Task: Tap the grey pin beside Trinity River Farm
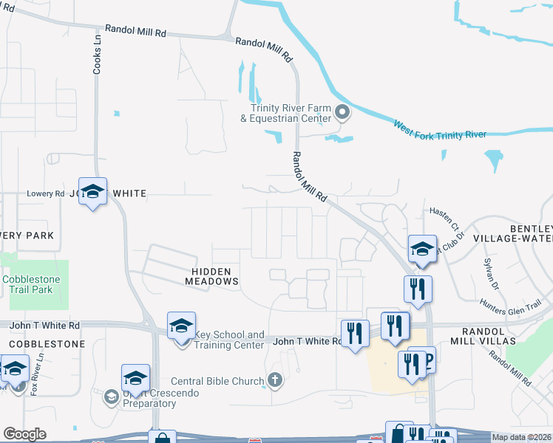pos(342,113)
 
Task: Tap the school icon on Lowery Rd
pos(92,192)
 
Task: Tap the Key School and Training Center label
pos(228,340)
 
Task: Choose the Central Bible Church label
pos(217,382)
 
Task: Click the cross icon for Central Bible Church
pos(274,381)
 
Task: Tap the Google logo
pos(24,434)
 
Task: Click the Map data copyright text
pos(522,437)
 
